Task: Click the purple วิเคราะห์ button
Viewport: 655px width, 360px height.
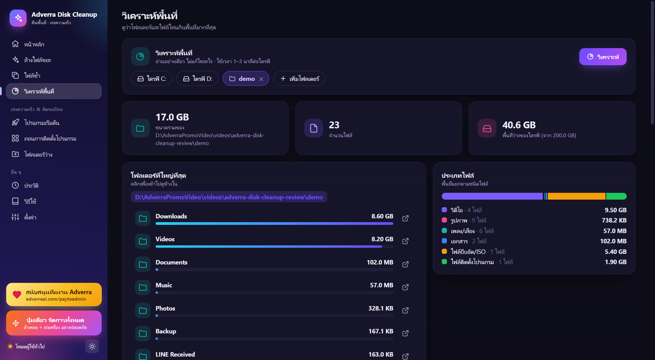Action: pos(603,57)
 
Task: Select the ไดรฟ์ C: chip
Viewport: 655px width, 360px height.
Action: pos(151,79)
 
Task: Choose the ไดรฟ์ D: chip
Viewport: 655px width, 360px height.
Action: pos(197,79)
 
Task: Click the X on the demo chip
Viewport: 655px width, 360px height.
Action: pos(261,79)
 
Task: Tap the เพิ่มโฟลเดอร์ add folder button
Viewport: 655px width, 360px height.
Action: pos(299,79)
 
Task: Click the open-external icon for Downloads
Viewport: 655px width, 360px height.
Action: pos(405,218)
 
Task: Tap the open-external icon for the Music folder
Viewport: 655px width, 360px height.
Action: pos(405,287)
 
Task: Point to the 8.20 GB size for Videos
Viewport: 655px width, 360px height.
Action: pos(382,239)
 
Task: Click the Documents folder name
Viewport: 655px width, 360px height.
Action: pos(172,263)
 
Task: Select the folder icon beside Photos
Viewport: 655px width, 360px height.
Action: pos(143,310)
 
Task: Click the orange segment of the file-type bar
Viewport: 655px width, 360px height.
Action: pos(576,196)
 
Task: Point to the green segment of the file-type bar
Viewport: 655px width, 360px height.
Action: pos(617,196)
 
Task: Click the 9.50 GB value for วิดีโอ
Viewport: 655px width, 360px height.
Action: pos(616,210)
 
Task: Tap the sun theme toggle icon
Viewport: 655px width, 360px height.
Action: pos(92,346)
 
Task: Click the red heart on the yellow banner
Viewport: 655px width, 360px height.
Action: pos(17,294)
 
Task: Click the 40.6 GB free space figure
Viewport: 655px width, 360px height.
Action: pos(519,125)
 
